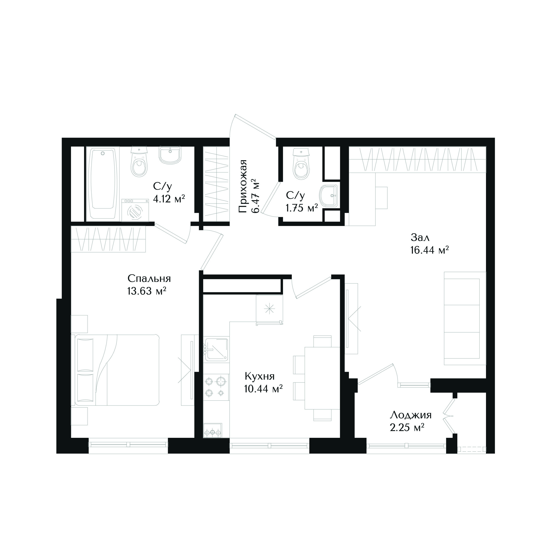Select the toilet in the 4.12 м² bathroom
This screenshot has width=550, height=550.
coord(139,162)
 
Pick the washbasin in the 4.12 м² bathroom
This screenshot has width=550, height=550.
coord(170,155)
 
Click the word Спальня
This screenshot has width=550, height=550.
coord(149,278)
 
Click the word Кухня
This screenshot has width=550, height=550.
coord(260,376)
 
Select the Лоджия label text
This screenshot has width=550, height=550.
coord(411,415)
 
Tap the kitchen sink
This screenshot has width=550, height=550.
coord(216,349)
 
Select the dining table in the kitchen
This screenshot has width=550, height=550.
coord(322,378)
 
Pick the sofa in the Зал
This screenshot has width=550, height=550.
coord(465,318)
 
